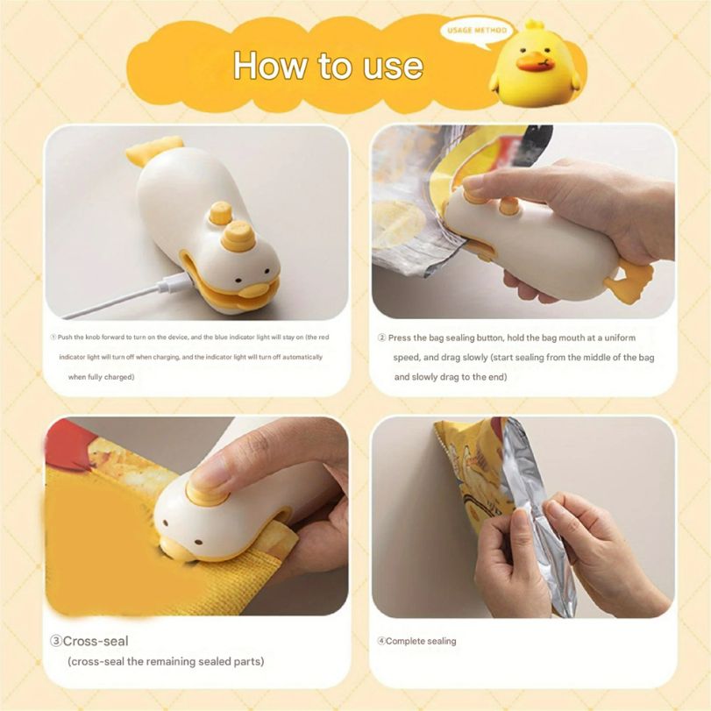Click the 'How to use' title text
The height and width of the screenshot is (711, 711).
tap(328, 66)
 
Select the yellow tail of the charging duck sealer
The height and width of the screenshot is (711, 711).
tap(153, 151)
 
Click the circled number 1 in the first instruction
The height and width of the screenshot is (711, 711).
tap(53, 338)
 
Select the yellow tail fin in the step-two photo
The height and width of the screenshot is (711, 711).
tap(629, 283)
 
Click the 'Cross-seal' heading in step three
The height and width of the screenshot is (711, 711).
tap(96, 641)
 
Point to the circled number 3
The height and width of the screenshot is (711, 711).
tap(54, 641)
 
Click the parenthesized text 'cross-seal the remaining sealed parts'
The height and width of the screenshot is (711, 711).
tap(166, 661)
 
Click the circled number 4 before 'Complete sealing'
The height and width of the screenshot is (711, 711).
tap(381, 641)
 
